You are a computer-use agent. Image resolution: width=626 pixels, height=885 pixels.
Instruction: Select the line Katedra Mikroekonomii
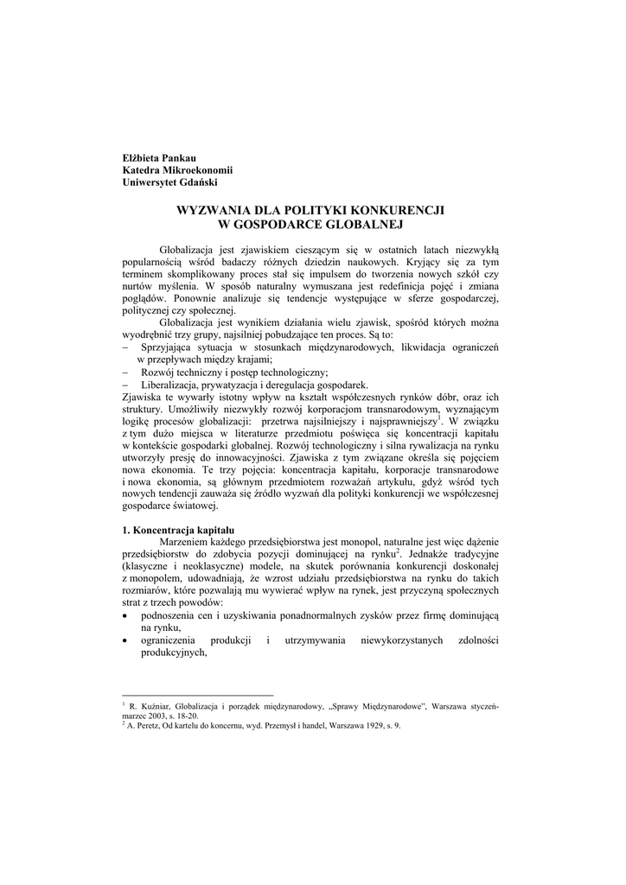[x=171, y=169]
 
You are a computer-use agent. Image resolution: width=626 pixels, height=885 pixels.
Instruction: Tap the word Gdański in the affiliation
[x=198, y=181]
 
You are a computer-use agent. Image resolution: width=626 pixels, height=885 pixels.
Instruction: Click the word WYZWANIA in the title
[x=213, y=210]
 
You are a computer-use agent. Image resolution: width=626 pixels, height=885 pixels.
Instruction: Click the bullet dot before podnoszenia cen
[x=127, y=614]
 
